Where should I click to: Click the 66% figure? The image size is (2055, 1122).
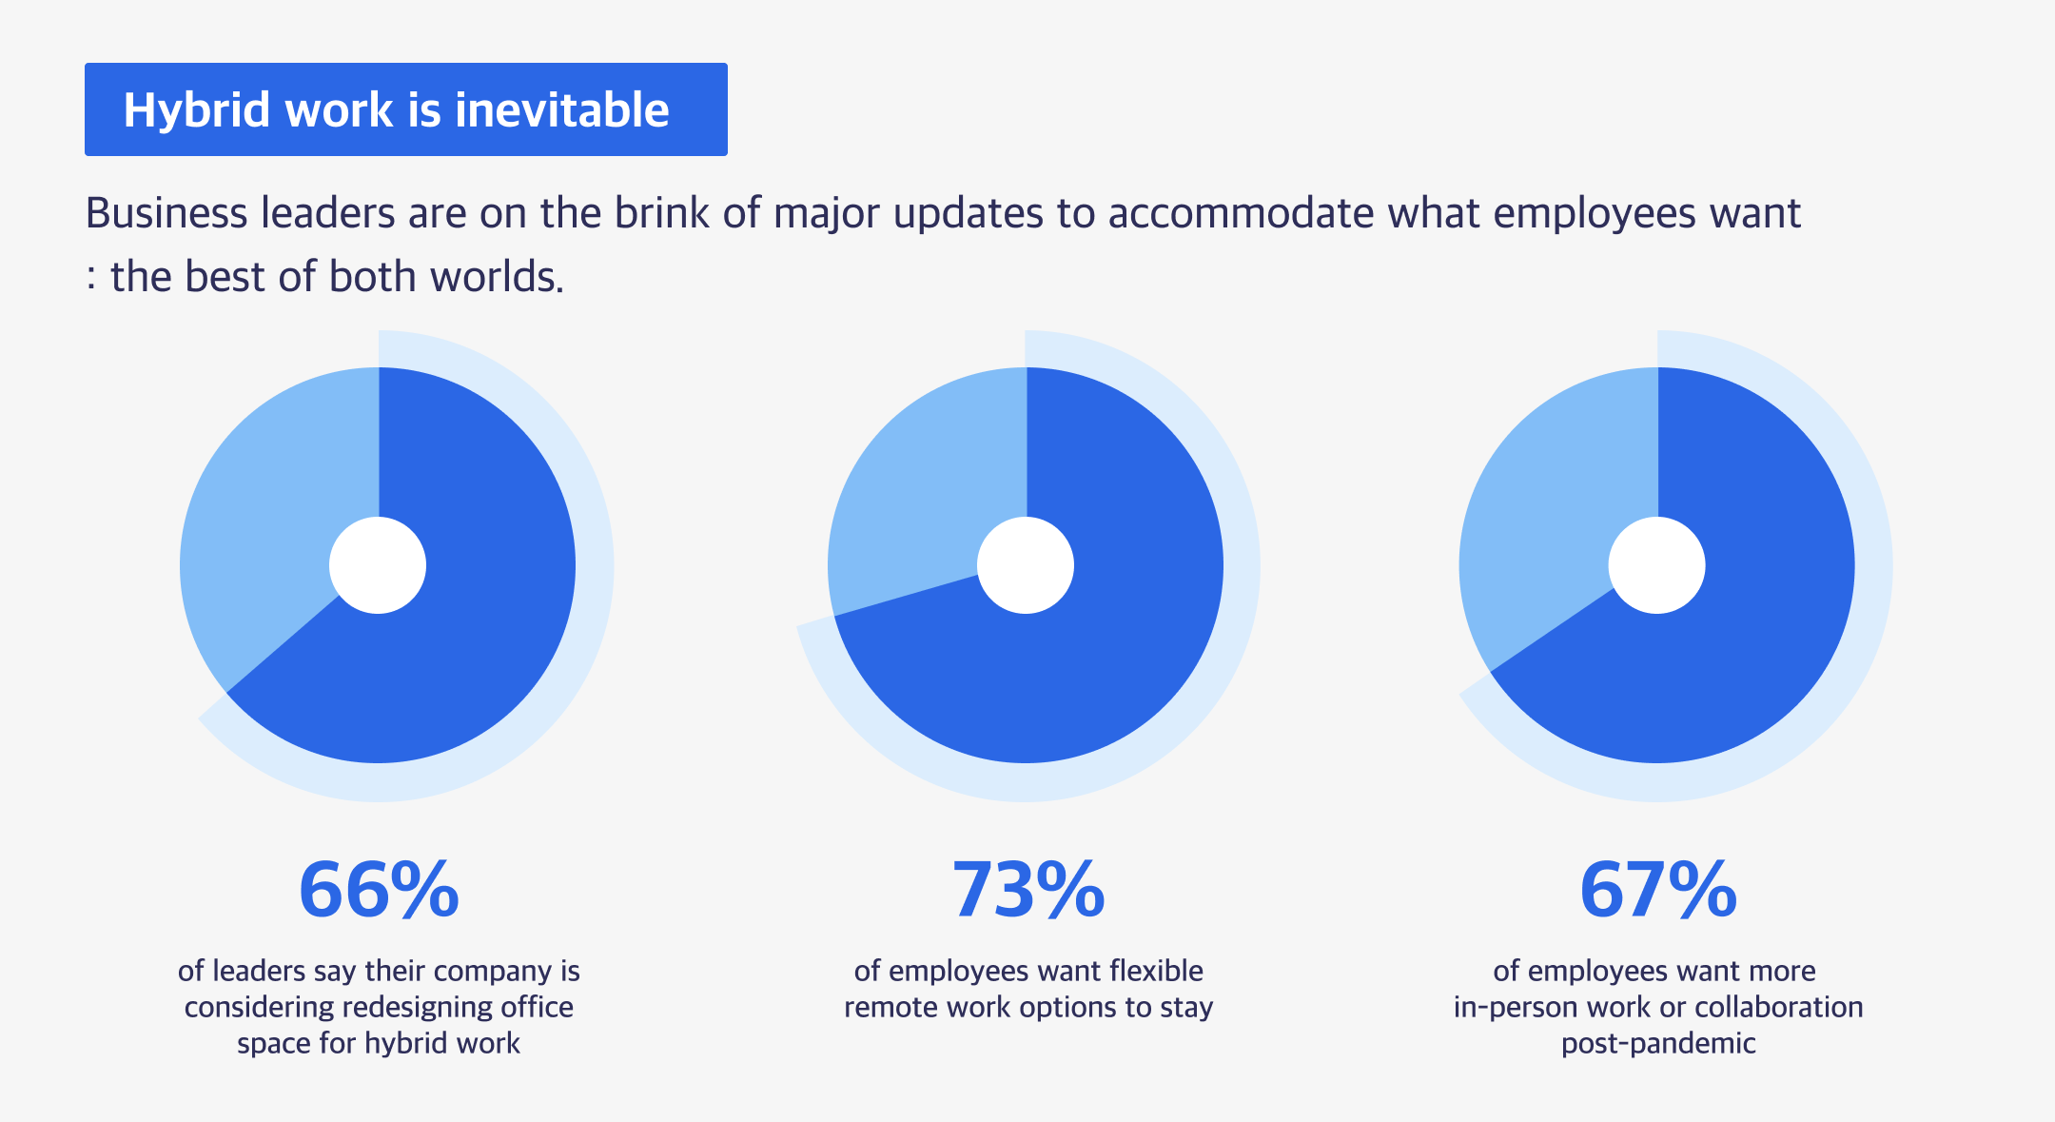coord(379,890)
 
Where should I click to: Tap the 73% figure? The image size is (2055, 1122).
coord(1028,890)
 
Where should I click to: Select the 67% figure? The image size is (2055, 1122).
coord(1658,890)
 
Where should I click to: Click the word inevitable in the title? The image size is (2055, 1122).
coord(562,109)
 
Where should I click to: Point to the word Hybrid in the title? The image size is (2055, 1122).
coord(198,111)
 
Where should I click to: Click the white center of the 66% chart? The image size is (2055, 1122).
coord(378,565)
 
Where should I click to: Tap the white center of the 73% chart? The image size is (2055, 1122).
coord(1026,565)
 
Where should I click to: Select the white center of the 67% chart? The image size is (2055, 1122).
coord(1657,565)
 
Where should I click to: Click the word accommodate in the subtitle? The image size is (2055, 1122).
coord(1241,213)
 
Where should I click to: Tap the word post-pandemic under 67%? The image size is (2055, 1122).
coord(1658,1044)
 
